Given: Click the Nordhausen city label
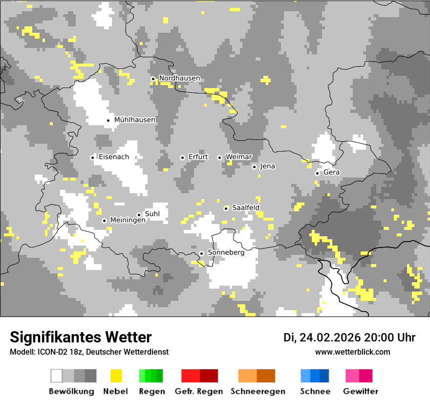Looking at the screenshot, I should pos(179,78).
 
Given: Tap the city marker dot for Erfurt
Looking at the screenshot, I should pos(182,158).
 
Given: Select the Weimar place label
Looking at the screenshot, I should pos(238,157).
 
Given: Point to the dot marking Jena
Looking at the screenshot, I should pos(254,167).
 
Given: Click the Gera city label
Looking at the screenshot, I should pos(331,173).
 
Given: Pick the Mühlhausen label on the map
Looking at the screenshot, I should pos(135,120).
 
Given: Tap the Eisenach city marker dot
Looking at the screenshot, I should pos(92,158).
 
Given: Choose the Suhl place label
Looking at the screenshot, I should pos(152,214).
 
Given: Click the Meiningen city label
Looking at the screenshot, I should pos(128,221).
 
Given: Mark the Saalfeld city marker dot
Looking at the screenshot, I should pos(226,208).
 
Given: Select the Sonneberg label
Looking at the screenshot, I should pos(226,253).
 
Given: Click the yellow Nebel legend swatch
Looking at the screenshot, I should pos(116,376).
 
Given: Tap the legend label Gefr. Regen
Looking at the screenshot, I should pos(198,391).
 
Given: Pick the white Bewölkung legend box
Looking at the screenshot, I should pos(57,376).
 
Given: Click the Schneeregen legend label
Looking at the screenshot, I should pos(258,391).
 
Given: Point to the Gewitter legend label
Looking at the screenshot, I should pos(360,391).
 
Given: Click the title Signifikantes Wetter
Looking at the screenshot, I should pos(81,337).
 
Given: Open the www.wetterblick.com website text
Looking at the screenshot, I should pos(352,352).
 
